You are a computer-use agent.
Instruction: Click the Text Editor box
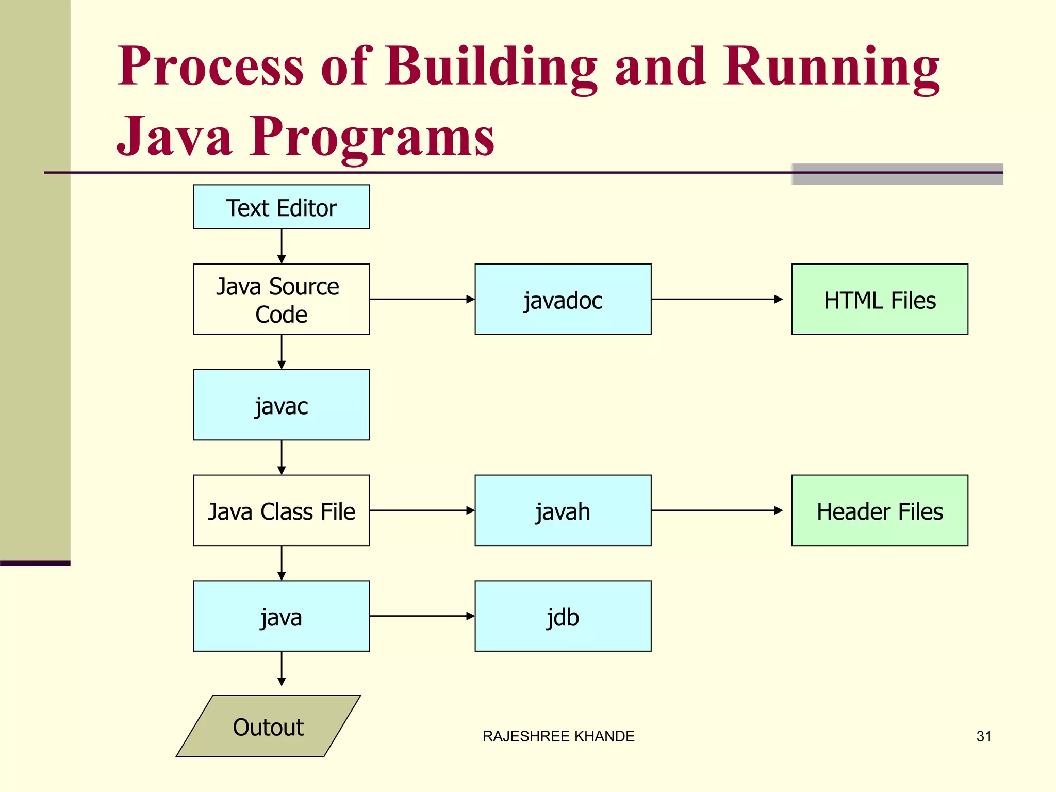pos(281,207)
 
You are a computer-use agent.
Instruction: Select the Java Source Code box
pos(281,299)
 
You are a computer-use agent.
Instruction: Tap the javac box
pos(281,405)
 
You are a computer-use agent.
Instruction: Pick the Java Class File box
pos(281,510)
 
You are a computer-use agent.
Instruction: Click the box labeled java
pos(281,616)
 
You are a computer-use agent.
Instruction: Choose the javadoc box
pos(563,299)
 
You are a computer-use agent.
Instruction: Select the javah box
pos(563,510)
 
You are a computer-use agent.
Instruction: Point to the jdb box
pos(563,616)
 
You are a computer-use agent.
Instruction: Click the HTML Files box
pos(880,299)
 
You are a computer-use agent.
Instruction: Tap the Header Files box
pos(880,510)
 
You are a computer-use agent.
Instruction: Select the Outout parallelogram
pos(268,726)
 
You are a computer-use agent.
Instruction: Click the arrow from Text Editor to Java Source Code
pos(282,246)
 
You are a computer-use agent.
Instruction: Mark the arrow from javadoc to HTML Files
pos(717,299)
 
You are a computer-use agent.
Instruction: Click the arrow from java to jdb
pos(422,616)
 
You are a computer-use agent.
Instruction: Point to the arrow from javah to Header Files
pos(717,510)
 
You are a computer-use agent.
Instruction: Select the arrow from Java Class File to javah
pos(422,510)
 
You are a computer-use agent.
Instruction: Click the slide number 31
pos(984,736)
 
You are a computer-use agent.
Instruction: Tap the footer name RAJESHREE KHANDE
pos(558,736)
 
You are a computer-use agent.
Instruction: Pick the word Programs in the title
pos(372,136)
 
